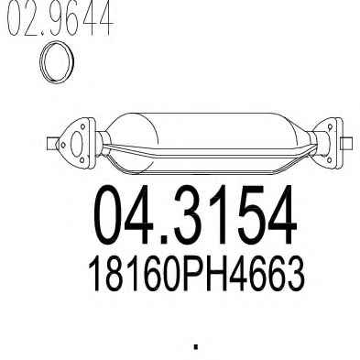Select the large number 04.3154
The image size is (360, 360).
(x=195, y=215)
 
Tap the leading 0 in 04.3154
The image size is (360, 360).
(x=112, y=215)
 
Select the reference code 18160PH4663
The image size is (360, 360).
(x=196, y=274)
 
